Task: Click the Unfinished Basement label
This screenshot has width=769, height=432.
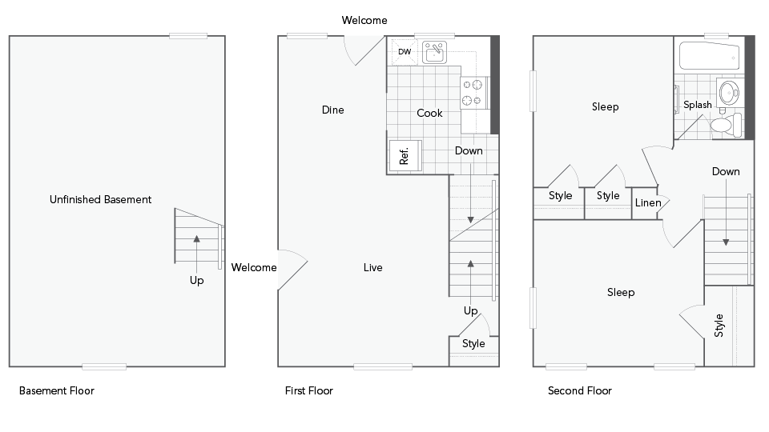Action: click(100, 199)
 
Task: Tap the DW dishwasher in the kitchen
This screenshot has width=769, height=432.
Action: click(405, 52)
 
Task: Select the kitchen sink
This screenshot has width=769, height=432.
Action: click(434, 53)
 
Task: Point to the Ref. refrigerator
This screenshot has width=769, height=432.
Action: click(403, 154)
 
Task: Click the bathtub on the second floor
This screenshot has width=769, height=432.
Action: click(710, 57)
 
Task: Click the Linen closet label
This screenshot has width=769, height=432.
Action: click(648, 202)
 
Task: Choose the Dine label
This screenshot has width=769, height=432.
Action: click(332, 110)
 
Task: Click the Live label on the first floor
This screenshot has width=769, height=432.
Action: click(372, 267)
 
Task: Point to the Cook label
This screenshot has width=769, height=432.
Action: click(429, 113)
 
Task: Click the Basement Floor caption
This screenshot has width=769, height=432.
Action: click(56, 391)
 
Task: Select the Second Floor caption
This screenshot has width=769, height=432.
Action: click(579, 391)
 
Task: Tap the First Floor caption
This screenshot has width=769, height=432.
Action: click(308, 391)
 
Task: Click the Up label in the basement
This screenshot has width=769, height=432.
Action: click(196, 280)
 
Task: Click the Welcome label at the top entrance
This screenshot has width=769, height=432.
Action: click(364, 20)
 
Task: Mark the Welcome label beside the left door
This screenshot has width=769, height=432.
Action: click(254, 267)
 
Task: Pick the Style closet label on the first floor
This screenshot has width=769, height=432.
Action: click(473, 343)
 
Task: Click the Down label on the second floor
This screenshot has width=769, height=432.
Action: click(726, 171)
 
